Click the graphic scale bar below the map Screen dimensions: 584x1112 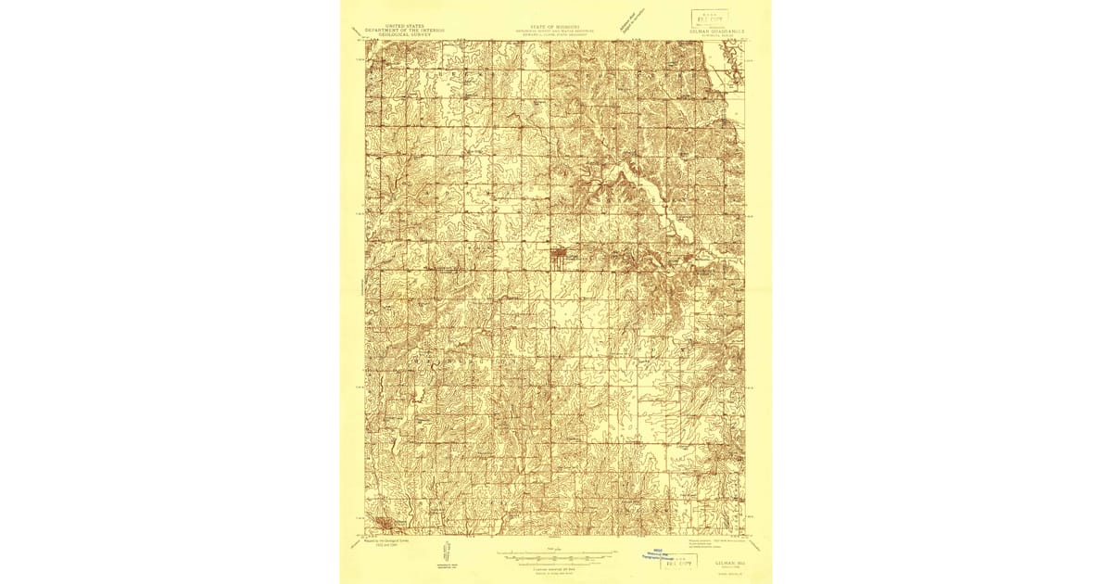[554, 556]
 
